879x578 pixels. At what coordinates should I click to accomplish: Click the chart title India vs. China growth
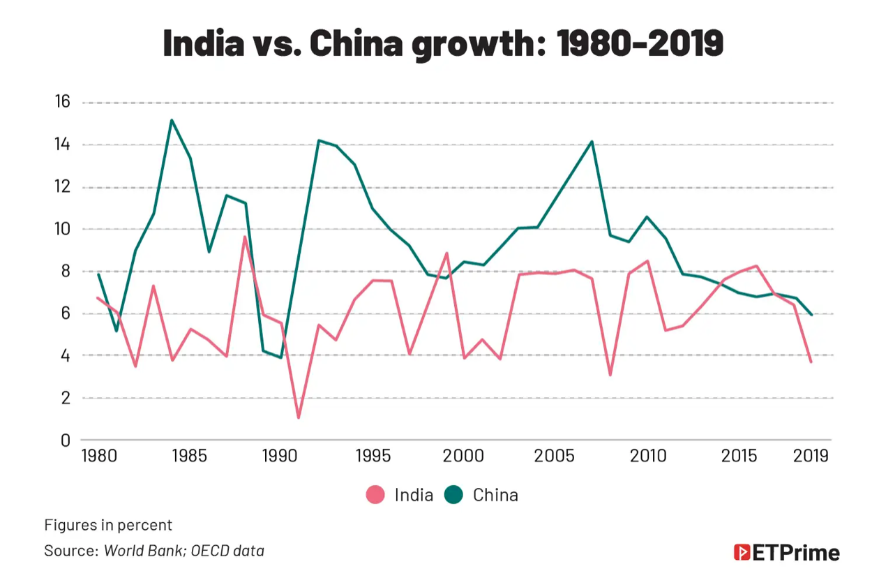point(442,43)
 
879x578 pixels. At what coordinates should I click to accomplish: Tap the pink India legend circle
point(375,495)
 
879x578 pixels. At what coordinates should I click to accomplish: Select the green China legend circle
point(454,495)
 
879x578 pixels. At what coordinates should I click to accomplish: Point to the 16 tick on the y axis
point(62,103)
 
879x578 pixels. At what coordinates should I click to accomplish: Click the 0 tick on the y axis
point(66,440)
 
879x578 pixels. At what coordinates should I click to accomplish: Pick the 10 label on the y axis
point(62,230)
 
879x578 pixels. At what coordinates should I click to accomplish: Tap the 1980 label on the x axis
point(98,457)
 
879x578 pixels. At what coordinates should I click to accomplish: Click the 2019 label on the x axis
point(811,457)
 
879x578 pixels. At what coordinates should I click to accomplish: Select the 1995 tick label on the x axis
point(373,457)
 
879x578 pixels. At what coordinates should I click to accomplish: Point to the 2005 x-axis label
point(555,457)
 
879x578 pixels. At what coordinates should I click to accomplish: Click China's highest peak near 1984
point(172,120)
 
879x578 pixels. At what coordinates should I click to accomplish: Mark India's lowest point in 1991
point(299,418)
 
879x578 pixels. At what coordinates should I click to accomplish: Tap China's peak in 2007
point(592,142)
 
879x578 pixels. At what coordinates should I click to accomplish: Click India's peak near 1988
point(245,237)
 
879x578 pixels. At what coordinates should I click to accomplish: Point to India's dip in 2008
point(610,376)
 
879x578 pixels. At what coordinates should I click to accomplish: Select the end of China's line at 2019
point(811,315)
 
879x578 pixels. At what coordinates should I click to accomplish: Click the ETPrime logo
point(786,553)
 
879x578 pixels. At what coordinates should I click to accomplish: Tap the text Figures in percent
point(108,525)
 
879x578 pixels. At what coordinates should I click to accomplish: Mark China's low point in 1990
point(280,357)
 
